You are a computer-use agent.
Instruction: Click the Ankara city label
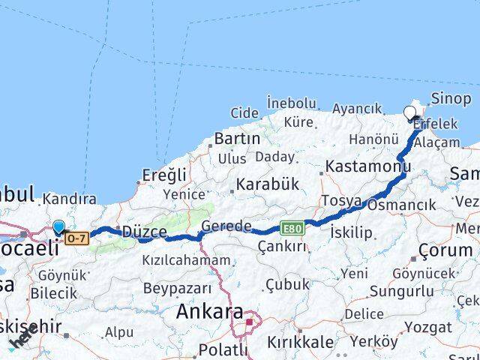coord(209,313)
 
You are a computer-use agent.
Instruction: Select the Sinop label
coord(451,98)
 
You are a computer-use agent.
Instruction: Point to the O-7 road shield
coord(76,238)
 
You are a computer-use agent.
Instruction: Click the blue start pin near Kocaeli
coord(59,227)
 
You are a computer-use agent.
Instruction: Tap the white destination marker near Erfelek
coord(409,114)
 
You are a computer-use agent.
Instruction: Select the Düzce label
coord(144,232)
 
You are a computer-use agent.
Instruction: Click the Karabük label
coord(268,184)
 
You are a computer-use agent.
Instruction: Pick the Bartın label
coord(237,139)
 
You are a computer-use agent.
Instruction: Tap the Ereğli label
coord(164,175)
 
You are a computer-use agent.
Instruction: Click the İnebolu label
coord(292,102)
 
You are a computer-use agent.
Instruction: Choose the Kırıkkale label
coord(301,342)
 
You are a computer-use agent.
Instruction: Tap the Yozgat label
coord(427,327)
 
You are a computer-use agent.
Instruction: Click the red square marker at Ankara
coord(250,322)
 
